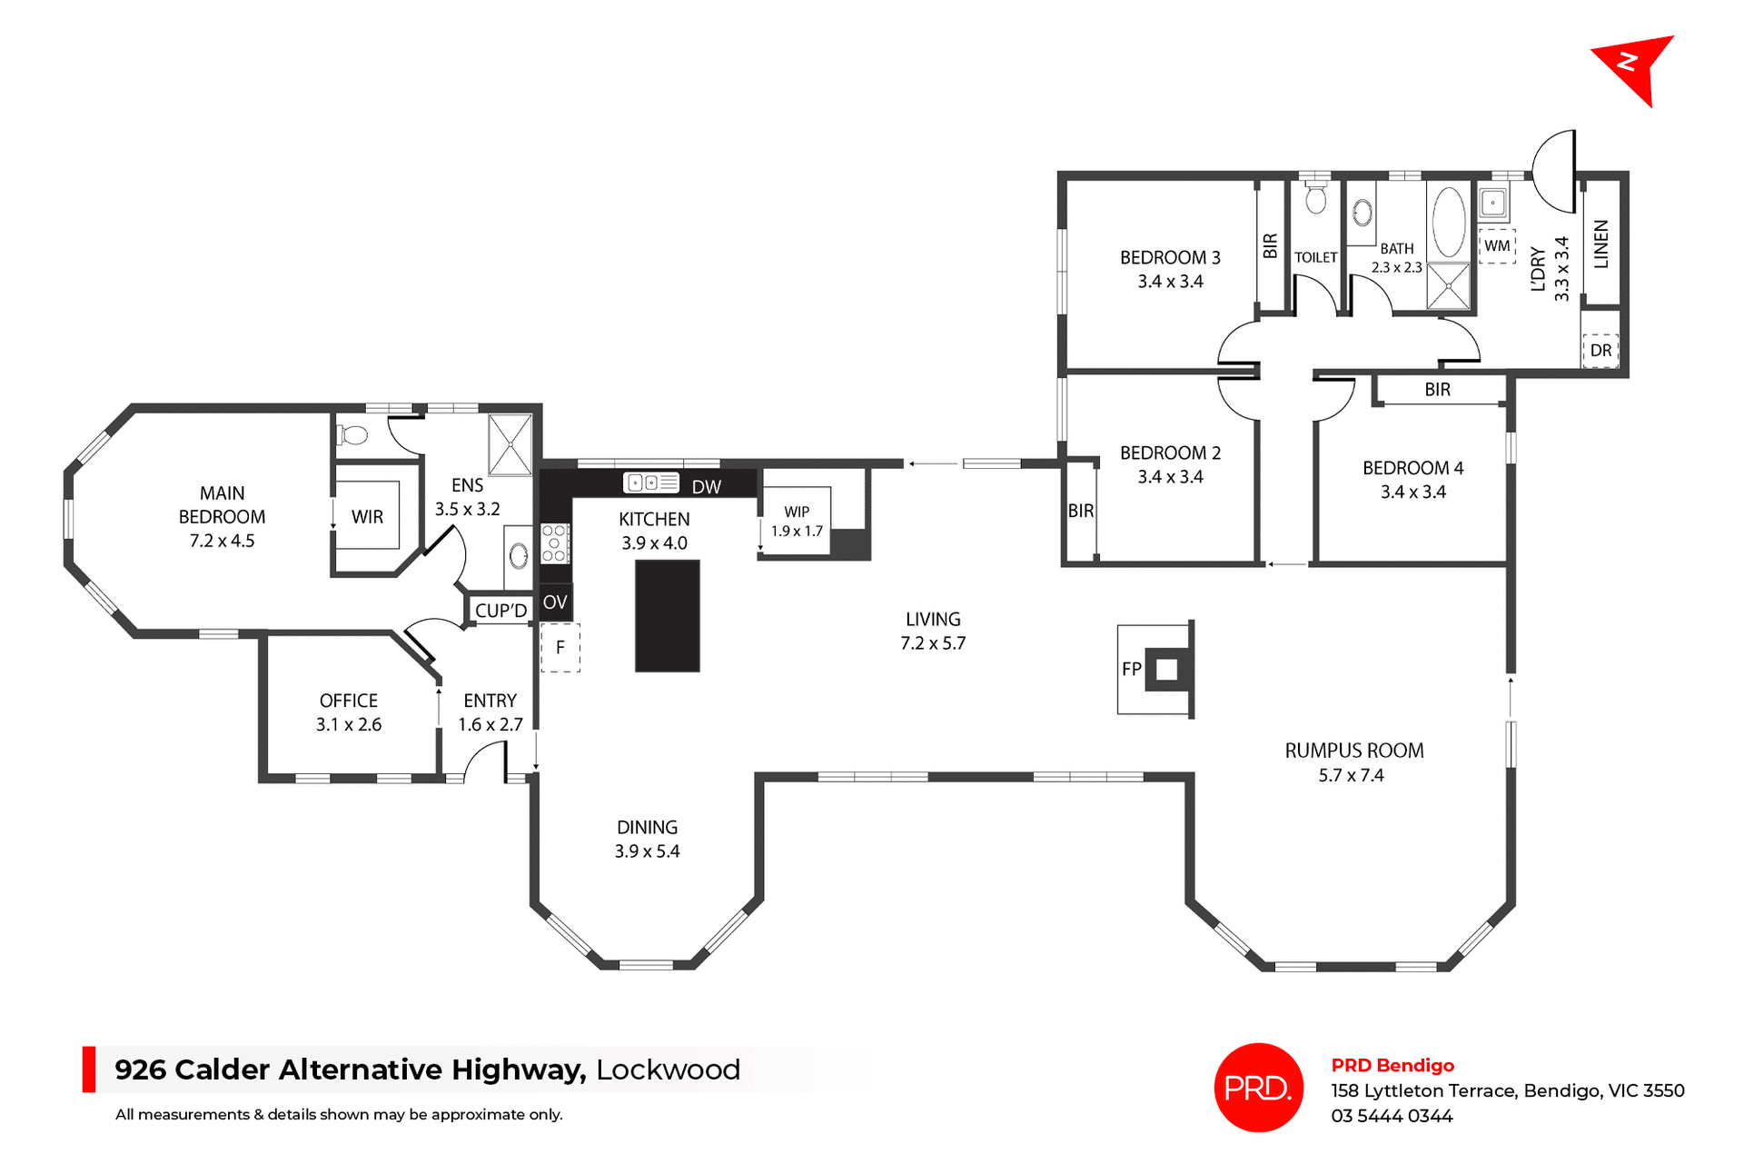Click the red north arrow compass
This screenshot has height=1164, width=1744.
click(1636, 65)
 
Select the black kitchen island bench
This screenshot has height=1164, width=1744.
click(667, 615)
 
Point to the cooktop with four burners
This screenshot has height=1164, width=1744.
click(554, 543)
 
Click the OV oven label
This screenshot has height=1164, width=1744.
click(555, 602)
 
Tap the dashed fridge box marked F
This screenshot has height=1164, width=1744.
click(560, 647)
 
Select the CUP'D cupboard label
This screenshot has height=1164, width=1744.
click(500, 611)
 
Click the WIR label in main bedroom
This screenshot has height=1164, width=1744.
click(367, 516)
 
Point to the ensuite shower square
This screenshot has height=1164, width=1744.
click(510, 444)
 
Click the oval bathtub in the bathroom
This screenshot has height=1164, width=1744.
click(1449, 223)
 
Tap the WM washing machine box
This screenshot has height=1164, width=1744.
click(1497, 245)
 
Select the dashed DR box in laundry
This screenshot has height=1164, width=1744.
click(1600, 350)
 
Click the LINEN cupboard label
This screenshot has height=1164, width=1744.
click(1601, 244)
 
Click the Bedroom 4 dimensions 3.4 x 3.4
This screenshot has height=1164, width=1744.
click(1412, 492)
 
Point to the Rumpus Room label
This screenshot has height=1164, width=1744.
click(1353, 751)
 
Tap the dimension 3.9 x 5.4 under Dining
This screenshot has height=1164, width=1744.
click(647, 851)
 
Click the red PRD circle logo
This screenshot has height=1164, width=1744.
click(1258, 1087)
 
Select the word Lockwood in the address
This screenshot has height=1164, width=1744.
click(668, 1069)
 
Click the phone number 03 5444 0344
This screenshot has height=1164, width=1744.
click(1392, 1116)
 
